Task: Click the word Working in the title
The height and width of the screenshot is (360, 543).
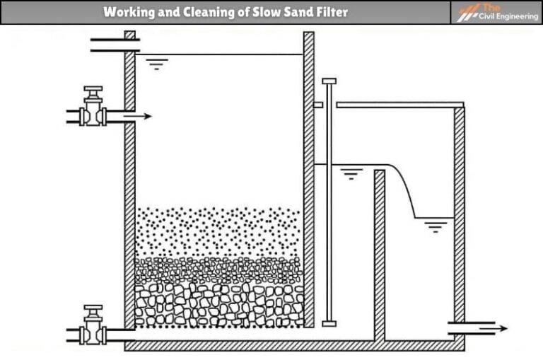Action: click(127, 12)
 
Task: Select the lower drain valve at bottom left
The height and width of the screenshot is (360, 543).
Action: click(93, 327)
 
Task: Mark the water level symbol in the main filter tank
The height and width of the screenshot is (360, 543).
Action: click(155, 64)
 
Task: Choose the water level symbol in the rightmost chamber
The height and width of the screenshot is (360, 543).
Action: click(436, 227)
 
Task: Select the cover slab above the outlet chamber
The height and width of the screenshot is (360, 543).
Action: click(399, 105)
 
